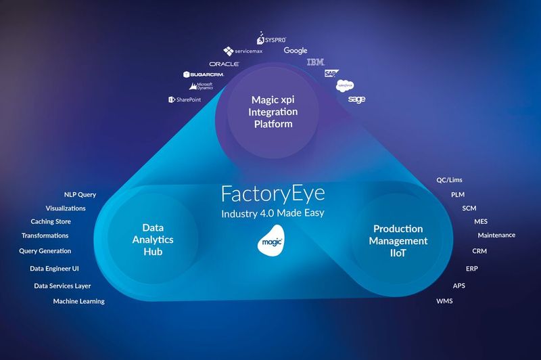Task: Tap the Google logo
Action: pyautogui.click(x=296, y=51)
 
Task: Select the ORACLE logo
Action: pyautogui.click(x=224, y=64)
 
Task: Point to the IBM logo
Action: pyautogui.click(x=316, y=62)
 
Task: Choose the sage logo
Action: pyautogui.click(x=356, y=99)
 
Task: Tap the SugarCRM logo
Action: pyautogui.click(x=204, y=74)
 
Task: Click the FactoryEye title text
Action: pyautogui.click(x=273, y=194)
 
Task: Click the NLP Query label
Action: pyautogui.click(x=80, y=195)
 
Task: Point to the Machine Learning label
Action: pyautogui.click(x=78, y=301)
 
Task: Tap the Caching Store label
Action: pyautogui.click(x=51, y=221)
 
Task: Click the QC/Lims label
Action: pyautogui.click(x=450, y=180)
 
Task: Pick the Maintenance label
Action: pyautogui.click(x=496, y=235)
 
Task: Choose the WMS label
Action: pyautogui.click(x=444, y=300)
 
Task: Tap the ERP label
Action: pyautogui.click(x=463, y=268)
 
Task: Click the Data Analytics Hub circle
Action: pyautogui.click(x=153, y=240)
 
